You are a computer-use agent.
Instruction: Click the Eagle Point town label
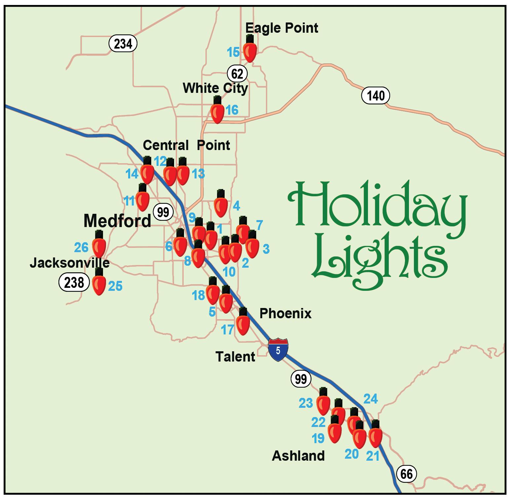click(282, 28)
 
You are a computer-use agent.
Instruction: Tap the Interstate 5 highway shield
click(278, 350)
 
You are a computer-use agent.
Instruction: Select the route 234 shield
click(123, 43)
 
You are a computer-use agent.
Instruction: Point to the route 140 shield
click(376, 96)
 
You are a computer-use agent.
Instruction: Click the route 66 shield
click(406, 474)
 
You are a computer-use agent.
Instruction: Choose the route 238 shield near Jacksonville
click(74, 283)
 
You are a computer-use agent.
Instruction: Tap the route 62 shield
click(237, 74)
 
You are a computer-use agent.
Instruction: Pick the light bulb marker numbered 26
click(99, 246)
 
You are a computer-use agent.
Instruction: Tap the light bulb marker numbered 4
click(220, 206)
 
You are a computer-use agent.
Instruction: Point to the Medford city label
click(117, 220)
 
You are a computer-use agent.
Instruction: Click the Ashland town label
click(298, 456)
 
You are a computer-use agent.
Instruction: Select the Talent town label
click(235, 357)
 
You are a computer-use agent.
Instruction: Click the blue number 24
click(370, 399)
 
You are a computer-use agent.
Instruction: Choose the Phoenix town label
click(285, 313)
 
